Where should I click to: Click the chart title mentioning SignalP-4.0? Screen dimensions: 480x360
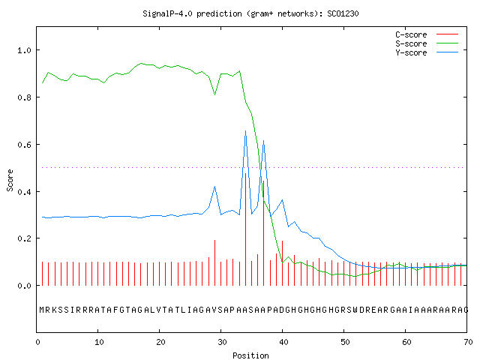click(x=250, y=13)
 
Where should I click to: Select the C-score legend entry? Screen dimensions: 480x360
click(x=427, y=34)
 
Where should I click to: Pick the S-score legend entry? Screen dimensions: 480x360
click(x=427, y=43)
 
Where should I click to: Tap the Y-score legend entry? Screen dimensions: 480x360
click(x=427, y=52)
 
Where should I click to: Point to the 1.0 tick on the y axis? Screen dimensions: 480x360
click(x=24, y=50)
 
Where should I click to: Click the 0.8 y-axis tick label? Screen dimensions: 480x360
click(x=24, y=97)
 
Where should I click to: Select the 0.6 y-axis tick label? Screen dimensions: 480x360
click(x=24, y=145)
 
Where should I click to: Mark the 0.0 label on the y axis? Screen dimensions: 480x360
click(x=24, y=286)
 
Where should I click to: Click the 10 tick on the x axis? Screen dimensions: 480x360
click(x=98, y=342)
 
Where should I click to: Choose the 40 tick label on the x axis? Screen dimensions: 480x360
click(x=283, y=342)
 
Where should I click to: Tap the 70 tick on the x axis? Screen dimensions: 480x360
click(x=468, y=342)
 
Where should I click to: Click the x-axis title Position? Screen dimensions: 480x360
click(x=250, y=355)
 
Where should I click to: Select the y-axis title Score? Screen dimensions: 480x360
click(x=10, y=180)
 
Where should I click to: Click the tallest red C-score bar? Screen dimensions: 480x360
click(x=245, y=229)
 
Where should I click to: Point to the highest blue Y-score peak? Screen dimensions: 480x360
click(x=245, y=131)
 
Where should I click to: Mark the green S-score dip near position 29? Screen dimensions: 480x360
click(x=215, y=94)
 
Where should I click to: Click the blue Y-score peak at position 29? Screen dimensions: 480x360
click(x=215, y=186)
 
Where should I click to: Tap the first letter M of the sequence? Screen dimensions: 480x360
click(x=42, y=310)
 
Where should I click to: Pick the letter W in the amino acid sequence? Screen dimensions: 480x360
click(x=355, y=310)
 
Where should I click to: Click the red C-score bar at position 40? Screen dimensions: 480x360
click(x=282, y=263)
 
